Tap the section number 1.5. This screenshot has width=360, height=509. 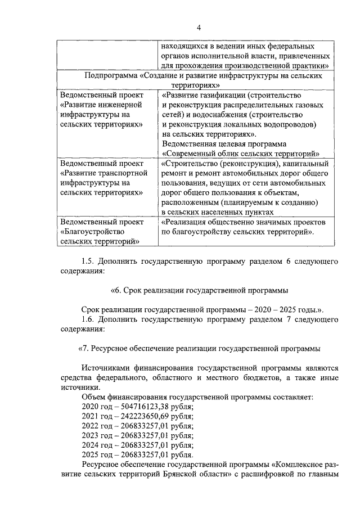pyautogui.click(x=88, y=262)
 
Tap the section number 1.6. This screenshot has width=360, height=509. pyautogui.click(x=88, y=319)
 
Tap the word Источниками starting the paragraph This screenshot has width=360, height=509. pyautogui.click(x=107, y=367)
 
